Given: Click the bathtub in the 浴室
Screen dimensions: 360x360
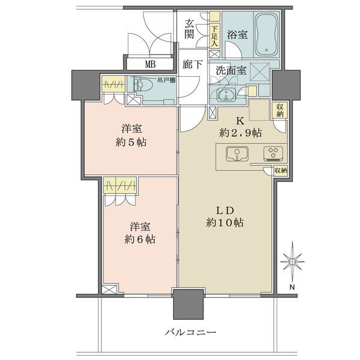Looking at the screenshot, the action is tap(266, 35).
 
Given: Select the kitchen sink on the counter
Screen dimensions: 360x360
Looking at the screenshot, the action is tap(237, 154).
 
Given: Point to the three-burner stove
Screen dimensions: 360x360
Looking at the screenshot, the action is tap(273, 153).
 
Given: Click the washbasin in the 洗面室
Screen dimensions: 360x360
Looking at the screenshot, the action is tap(226, 94).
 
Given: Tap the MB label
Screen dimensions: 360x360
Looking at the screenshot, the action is tap(151, 64).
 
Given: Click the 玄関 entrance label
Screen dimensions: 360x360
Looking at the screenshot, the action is tap(190, 29).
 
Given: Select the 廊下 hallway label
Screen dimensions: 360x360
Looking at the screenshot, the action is tap(193, 65).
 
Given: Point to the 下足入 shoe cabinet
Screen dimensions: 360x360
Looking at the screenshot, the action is tap(215, 35).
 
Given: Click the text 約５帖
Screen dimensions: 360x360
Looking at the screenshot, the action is tap(131, 142).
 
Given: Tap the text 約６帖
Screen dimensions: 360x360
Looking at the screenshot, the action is tap(140, 239).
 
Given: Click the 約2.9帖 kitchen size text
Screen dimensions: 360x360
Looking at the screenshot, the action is tap(241, 133).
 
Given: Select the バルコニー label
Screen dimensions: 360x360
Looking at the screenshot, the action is tap(191, 332).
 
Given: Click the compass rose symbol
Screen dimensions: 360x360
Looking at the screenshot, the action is tap(292, 262).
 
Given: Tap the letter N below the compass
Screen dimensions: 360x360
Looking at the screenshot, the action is tap(292, 287).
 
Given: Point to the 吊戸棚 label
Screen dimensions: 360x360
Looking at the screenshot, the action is tap(167, 80).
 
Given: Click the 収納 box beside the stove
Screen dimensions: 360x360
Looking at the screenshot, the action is tap(281, 171).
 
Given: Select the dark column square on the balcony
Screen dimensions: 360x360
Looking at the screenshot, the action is tap(189, 304).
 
